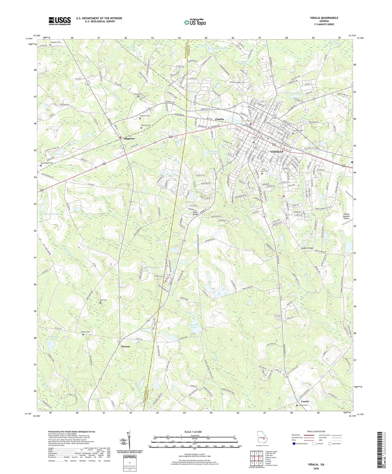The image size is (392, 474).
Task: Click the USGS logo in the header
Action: [59, 21]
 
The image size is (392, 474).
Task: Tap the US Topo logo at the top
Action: [195, 22]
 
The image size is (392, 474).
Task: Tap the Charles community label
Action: [219, 119]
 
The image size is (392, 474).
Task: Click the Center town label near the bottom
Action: [305, 401]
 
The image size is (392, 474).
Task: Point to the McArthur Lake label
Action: [51, 214]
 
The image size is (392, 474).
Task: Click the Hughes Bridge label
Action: [307, 248]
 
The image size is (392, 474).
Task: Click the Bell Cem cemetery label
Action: [104, 300]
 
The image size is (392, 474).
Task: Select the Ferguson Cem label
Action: [55, 42]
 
